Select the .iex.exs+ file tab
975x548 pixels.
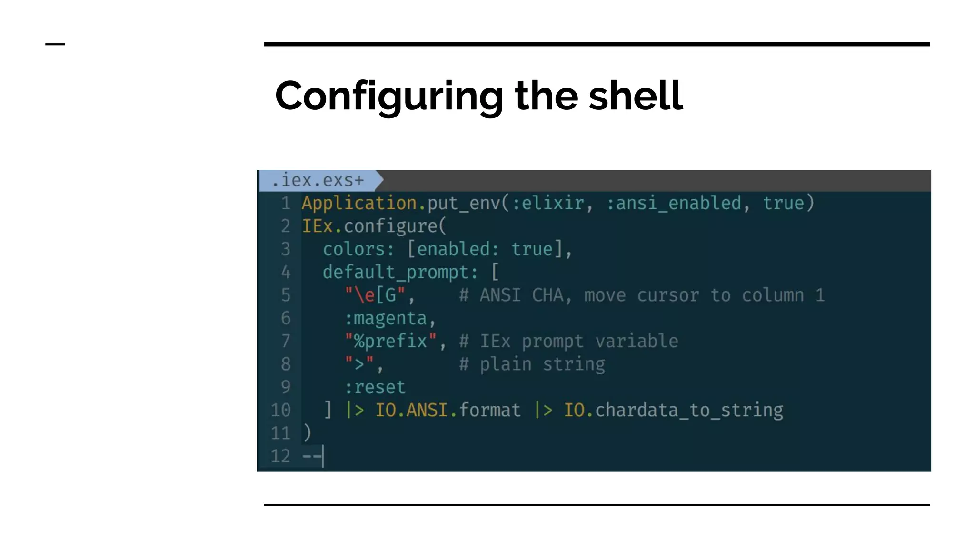(318, 181)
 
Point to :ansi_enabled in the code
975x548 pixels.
(674, 204)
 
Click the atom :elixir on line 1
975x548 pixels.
(548, 204)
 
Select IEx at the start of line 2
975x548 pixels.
(317, 226)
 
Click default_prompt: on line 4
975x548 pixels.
(400, 273)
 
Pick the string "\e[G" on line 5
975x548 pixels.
(375, 295)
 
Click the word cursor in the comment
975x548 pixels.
(668, 295)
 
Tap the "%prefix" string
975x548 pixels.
(390, 341)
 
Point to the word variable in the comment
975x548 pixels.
(637, 341)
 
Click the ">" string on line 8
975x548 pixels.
(359, 364)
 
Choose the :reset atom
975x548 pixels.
(375, 387)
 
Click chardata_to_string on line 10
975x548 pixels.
(689, 410)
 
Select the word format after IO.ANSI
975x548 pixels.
(490, 410)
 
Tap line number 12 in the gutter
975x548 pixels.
(280, 456)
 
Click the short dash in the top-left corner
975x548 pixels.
(55, 44)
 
